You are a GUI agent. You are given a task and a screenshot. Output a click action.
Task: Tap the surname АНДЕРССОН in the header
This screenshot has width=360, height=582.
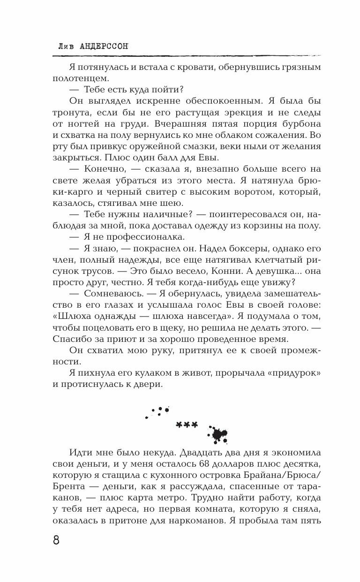pos(101,46)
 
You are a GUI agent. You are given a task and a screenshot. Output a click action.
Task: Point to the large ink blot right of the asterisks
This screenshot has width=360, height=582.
pos(218,435)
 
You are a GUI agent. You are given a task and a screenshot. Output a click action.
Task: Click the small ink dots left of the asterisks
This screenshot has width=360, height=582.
pos(158,411)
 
